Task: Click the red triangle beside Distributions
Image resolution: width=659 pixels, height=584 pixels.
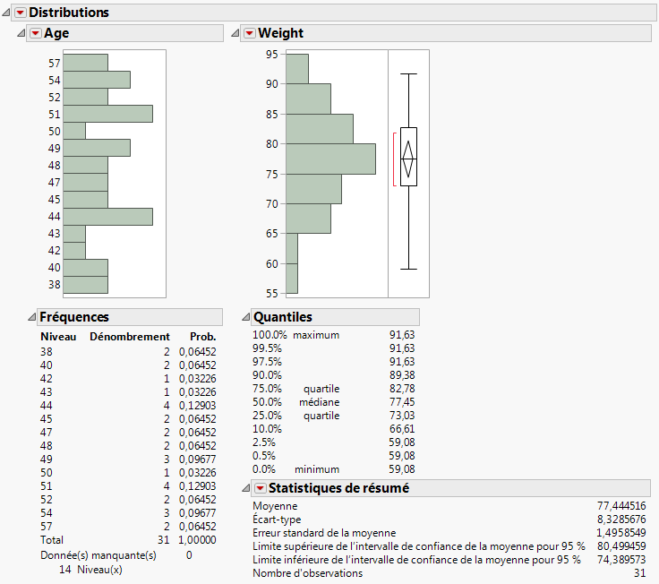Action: click(20, 13)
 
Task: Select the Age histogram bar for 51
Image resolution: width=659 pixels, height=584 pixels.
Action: click(107, 114)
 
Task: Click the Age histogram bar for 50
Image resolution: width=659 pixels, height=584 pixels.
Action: click(74, 131)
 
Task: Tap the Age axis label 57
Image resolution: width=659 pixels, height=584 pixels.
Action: click(55, 64)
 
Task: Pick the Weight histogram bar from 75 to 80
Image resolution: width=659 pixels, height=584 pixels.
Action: click(330, 159)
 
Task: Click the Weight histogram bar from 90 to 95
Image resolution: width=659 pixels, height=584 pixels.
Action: click(296, 69)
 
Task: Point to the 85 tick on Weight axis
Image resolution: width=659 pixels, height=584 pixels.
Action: click(272, 114)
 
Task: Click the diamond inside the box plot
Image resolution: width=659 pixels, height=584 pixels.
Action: click(408, 159)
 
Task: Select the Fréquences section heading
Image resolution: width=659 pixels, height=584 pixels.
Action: click(74, 317)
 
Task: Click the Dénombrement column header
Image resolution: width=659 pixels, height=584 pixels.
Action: click(130, 337)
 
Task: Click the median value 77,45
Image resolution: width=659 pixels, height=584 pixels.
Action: click(403, 402)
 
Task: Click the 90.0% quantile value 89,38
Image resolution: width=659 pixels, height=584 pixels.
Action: click(403, 375)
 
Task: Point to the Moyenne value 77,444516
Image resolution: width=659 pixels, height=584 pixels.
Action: click(620, 506)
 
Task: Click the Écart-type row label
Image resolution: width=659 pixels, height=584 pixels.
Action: click(277, 520)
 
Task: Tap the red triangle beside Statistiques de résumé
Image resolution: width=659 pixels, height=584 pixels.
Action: click(260, 488)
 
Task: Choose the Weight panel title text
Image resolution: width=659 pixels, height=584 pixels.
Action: click(280, 33)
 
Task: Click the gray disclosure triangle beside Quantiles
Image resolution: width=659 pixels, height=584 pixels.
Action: click(245, 317)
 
